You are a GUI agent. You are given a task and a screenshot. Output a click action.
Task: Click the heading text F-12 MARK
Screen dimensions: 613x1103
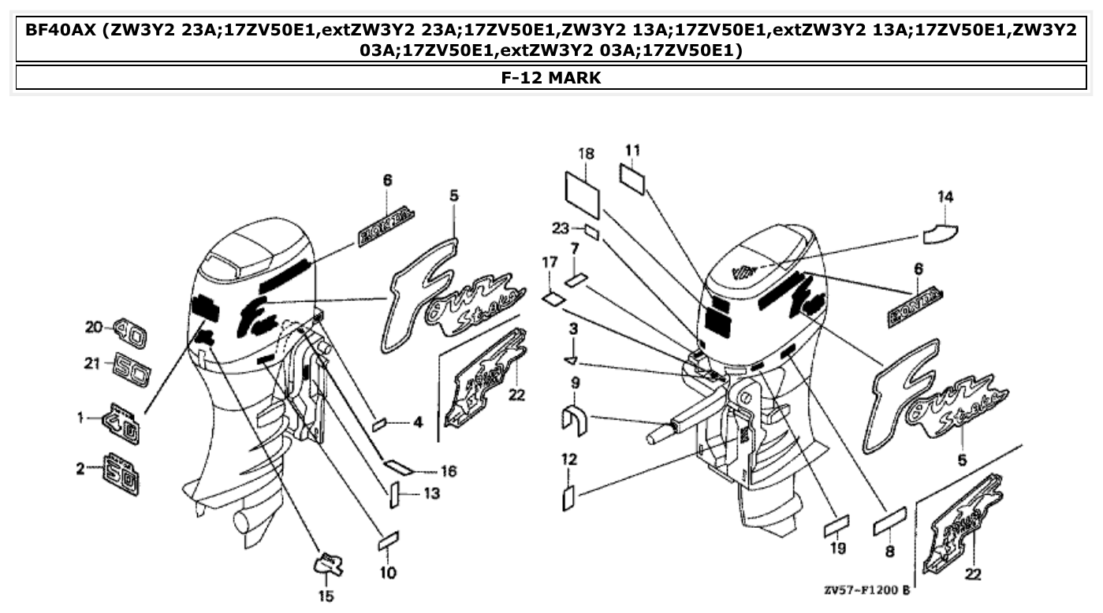coord(551,77)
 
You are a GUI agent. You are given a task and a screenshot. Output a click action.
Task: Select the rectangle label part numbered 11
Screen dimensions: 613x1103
coord(632,177)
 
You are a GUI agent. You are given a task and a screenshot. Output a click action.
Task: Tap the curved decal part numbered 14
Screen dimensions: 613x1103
coord(940,232)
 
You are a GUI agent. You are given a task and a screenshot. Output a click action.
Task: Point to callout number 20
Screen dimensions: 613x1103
coord(94,326)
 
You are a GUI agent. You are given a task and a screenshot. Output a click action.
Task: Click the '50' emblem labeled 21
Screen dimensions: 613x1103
coord(132,366)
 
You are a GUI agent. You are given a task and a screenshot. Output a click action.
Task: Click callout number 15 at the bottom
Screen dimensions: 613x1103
coord(326,596)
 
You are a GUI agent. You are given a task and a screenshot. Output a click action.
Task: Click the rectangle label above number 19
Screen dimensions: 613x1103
coord(837,524)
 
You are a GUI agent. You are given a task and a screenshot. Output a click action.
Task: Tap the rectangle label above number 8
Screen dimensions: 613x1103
coord(889,521)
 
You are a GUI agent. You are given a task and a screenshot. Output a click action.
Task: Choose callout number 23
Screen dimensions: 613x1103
coord(560,228)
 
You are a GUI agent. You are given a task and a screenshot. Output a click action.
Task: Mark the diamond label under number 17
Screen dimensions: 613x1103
coord(553,299)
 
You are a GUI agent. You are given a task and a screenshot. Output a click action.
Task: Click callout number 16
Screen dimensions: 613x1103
coord(448,471)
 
